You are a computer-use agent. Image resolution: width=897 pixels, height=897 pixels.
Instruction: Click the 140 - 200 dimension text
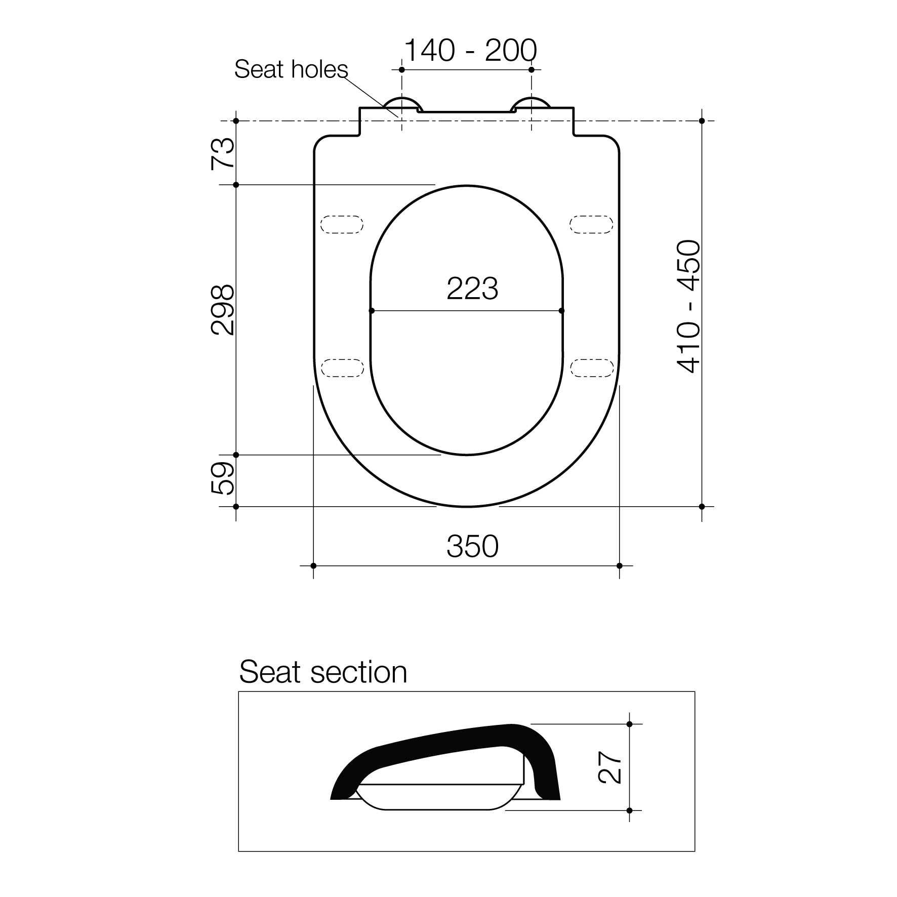pos(470,50)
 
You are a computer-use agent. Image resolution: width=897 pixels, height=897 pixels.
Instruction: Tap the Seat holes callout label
pos(291,69)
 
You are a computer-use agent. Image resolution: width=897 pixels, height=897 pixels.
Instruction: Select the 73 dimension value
pos(223,153)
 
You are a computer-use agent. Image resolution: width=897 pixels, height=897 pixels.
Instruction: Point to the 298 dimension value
pos(223,310)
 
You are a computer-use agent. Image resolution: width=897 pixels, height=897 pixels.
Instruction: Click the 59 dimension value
pos(223,478)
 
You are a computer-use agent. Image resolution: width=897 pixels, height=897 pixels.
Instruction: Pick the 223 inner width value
pos(472,289)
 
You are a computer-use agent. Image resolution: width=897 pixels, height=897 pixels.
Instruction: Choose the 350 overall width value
pos(472,546)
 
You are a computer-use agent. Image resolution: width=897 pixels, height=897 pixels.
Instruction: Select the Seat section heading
pos(323,672)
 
